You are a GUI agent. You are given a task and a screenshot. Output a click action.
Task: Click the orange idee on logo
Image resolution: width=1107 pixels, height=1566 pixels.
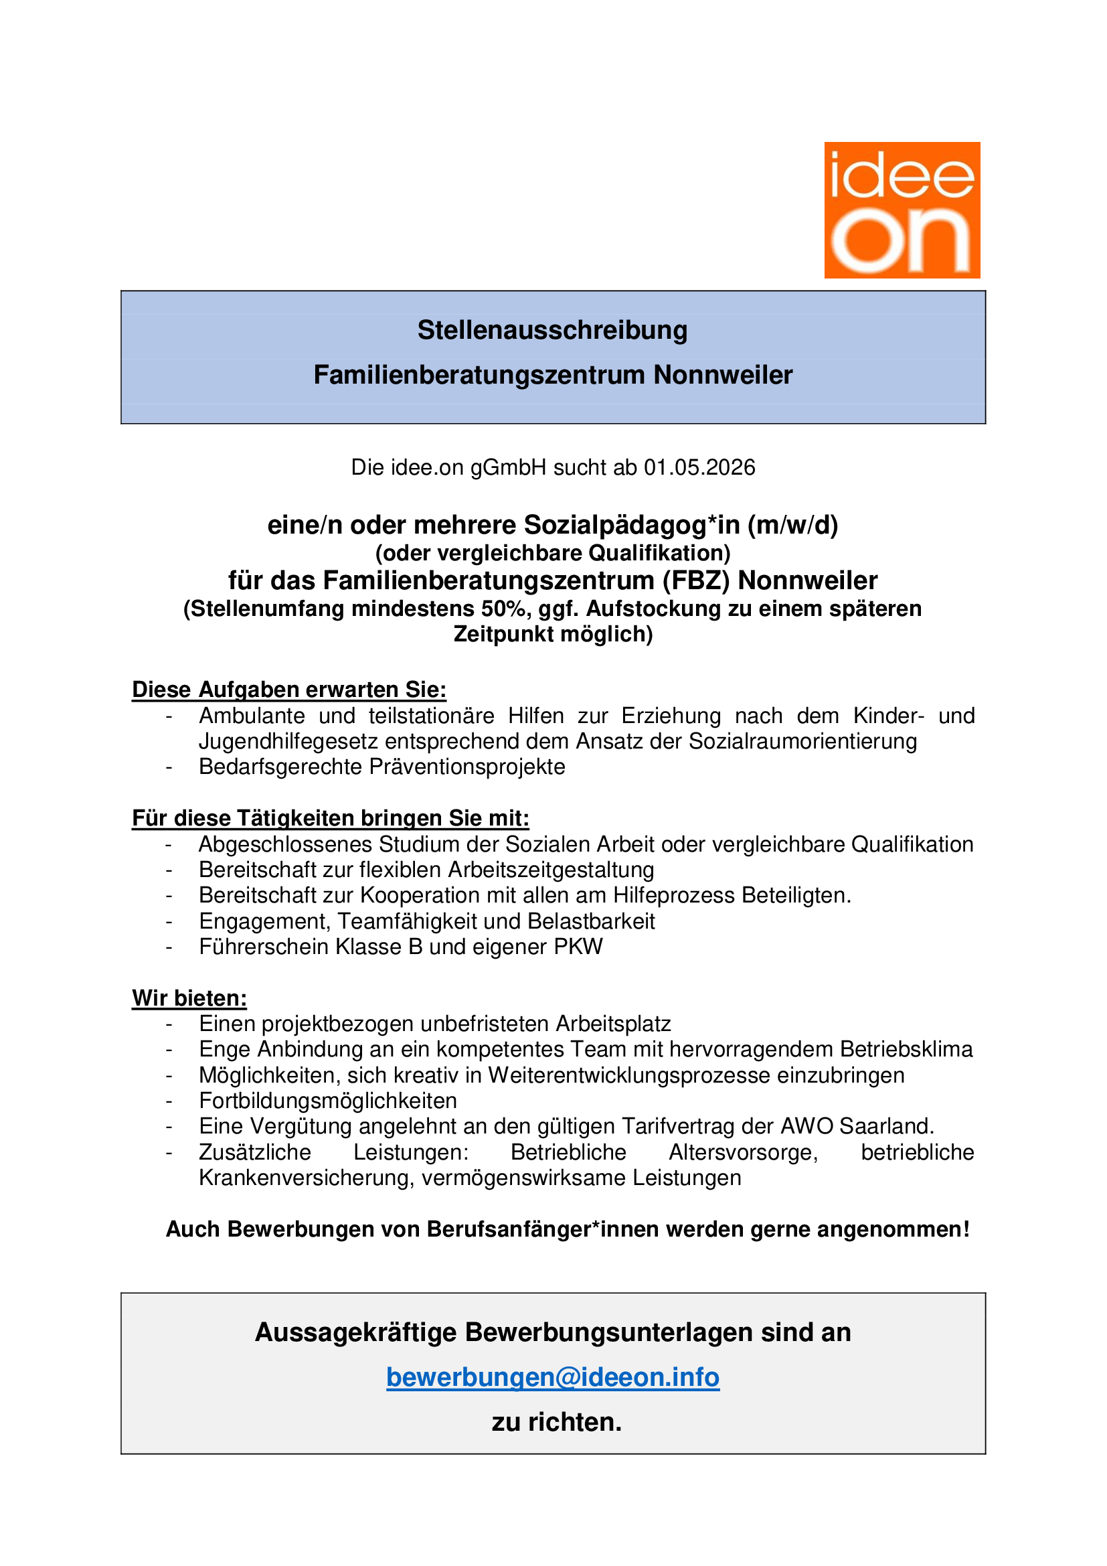coord(902,210)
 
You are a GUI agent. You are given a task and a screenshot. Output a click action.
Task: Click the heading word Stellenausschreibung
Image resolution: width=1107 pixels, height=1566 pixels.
coord(552,331)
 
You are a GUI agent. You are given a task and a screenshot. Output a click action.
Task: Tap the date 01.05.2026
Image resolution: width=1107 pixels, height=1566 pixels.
coord(699,468)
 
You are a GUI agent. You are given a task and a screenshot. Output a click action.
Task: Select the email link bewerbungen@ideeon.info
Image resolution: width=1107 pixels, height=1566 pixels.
coord(552,1377)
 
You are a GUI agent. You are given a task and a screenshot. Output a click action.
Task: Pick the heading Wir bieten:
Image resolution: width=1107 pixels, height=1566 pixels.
coord(189,998)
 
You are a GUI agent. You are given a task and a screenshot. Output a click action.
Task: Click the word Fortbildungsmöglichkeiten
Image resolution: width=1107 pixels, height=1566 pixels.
coord(328,1101)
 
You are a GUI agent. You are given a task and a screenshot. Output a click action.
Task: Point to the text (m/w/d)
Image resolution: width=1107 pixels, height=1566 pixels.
coord(792,526)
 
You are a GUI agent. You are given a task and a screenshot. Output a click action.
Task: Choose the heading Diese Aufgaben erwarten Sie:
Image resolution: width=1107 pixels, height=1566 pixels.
coord(289,690)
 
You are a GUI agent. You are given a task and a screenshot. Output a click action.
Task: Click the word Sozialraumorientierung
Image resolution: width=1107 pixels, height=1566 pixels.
coord(803,741)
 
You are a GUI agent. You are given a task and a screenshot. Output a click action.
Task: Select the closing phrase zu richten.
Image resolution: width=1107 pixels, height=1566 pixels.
coord(556,1422)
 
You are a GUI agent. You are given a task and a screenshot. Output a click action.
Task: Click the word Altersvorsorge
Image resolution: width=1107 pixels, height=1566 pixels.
coord(742,1152)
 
